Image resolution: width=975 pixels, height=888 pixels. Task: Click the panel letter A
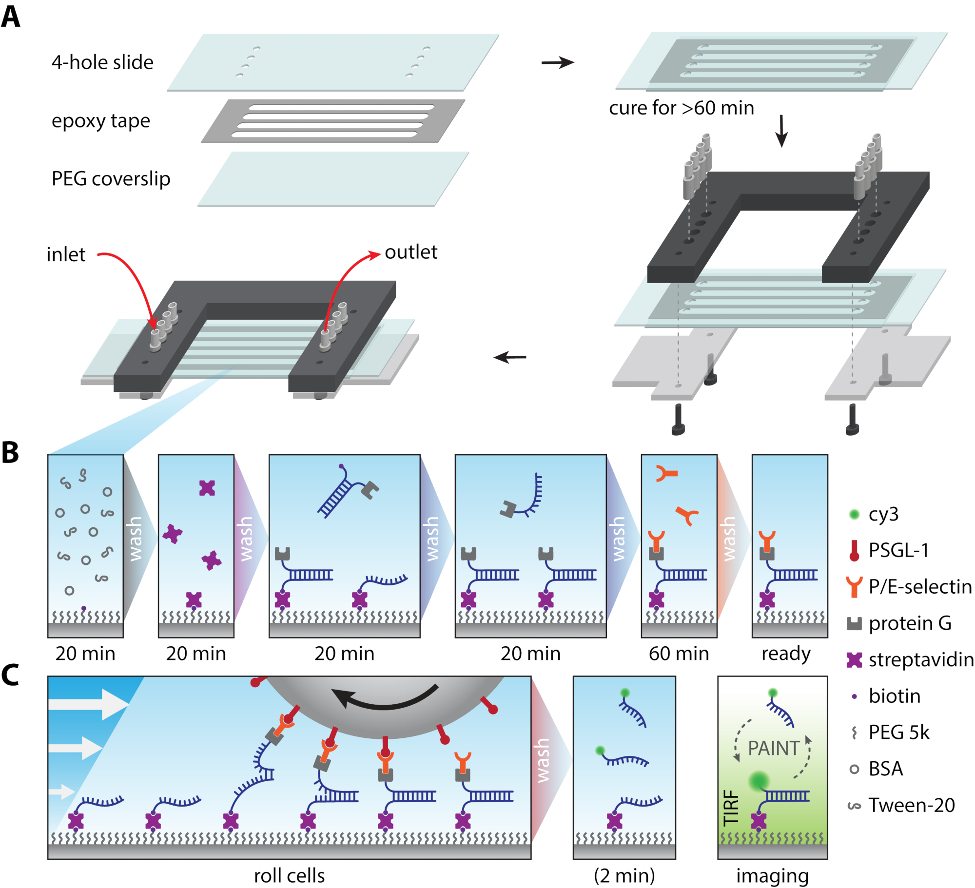click(x=11, y=17)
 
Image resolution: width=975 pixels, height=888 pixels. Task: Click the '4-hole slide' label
click(x=102, y=62)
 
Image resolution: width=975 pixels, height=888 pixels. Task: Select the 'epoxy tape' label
click(x=100, y=121)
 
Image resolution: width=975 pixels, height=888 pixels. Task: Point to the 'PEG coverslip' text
click(x=111, y=179)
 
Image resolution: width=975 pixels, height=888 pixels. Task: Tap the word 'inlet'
click(x=66, y=254)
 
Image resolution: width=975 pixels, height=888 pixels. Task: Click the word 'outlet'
click(x=410, y=252)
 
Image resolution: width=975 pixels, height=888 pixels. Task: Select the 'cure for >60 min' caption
click(x=681, y=108)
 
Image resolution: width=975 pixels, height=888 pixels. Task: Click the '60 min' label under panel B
click(x=679, y=654)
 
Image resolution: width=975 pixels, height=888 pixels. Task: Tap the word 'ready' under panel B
click(x=786, y=654)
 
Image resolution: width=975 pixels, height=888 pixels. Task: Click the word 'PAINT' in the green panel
click(x=774, y=748)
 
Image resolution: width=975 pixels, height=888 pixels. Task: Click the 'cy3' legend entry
click(x=883, y=514)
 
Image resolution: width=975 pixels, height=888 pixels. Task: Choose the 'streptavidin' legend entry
click(x=920, y=659)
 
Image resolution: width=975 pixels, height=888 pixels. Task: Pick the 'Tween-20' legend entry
click(x=911, y=805)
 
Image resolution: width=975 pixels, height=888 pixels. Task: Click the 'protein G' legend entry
click(x=909, y=623)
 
